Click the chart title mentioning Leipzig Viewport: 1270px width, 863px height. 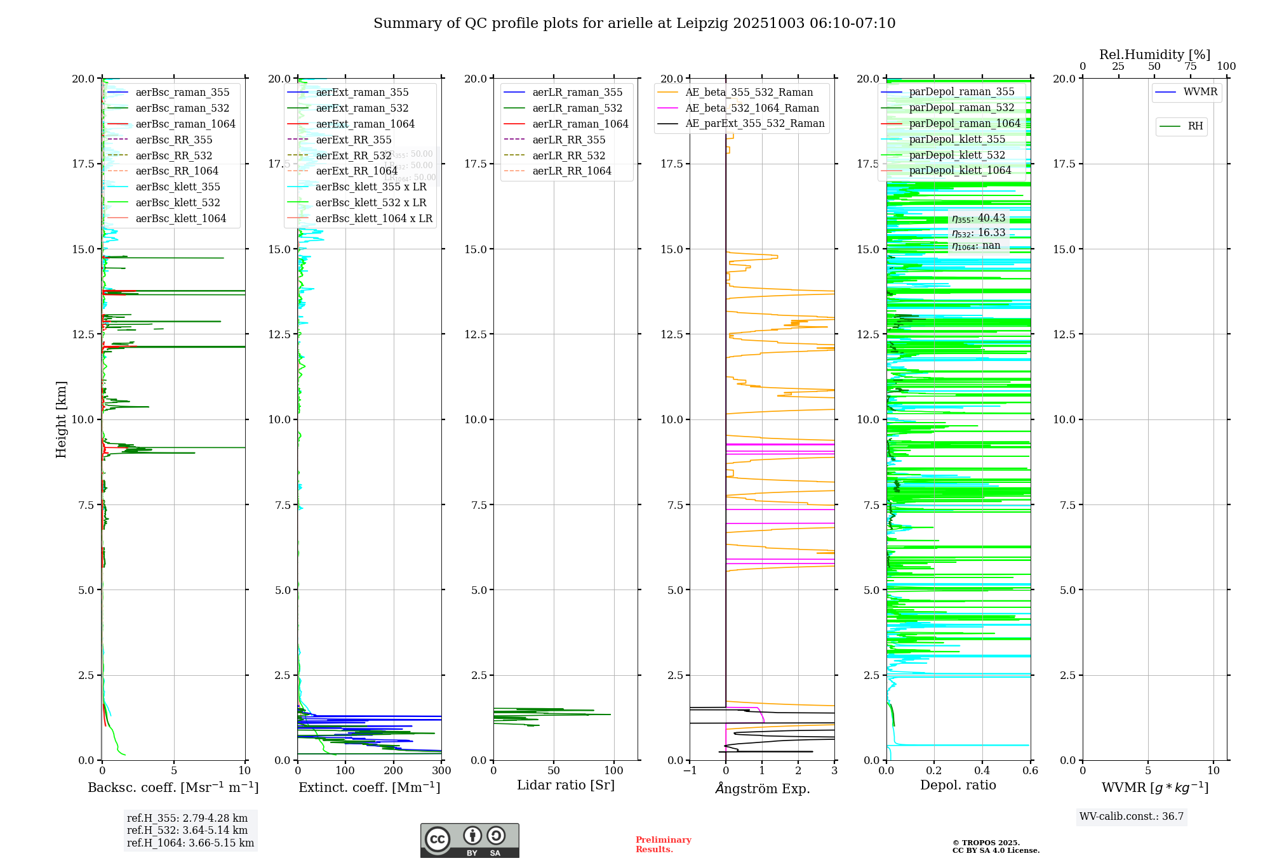click(x=634, y=23)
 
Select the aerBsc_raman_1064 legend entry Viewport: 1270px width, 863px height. click(x=185, y=124)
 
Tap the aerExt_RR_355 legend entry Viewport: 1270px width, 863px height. click(x=353, y=140)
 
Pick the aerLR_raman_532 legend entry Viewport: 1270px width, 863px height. click(x=577, y=108)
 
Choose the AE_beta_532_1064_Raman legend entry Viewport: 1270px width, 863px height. click(x=752, y=108)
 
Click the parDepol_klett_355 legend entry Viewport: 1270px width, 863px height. click(x=957, y=139)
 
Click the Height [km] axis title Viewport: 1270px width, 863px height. click(x=61, y=419)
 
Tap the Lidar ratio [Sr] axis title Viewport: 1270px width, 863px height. click(x=566, y=785)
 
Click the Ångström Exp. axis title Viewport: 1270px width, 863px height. click(x=762, y=788)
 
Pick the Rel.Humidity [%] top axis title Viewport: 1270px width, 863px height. click(x=1154, y=55)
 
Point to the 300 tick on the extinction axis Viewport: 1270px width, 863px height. click(x=441, y=771)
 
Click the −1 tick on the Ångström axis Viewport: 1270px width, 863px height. click(x=690, y=771)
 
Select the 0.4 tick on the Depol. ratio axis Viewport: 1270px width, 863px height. click(x=982, y=771)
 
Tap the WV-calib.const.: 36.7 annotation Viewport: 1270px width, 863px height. click(x=1132, y=817)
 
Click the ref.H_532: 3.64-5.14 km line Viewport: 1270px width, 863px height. click(x=187, y=830)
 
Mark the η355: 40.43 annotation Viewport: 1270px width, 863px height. click(x=979, y=218)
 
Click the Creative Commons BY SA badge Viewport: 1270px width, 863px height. click(x=469, y=841)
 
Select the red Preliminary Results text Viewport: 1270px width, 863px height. click(x=663, y=845)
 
